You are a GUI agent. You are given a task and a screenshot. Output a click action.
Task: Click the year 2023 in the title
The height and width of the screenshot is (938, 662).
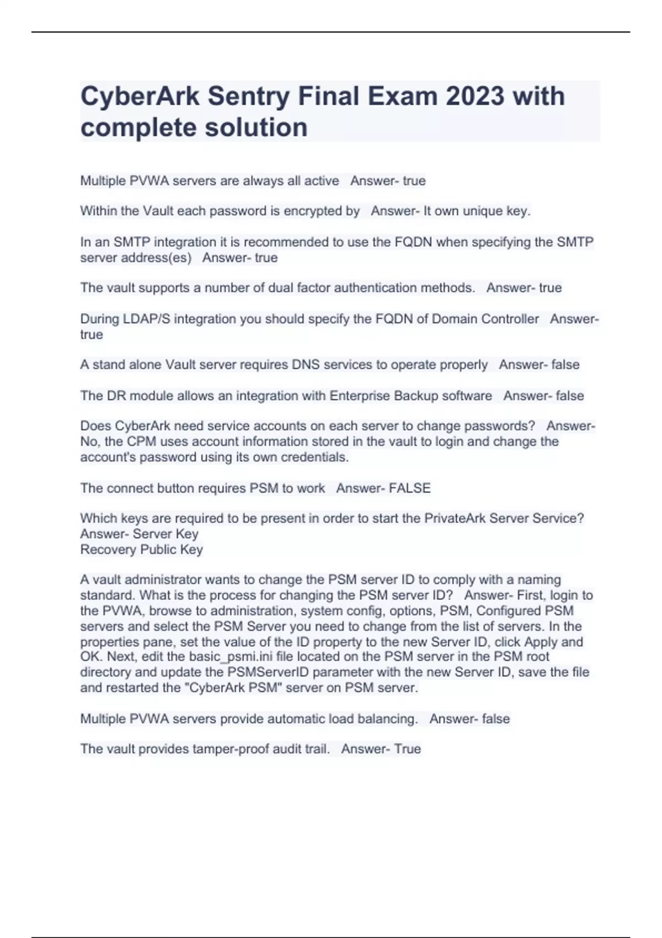(475, 96)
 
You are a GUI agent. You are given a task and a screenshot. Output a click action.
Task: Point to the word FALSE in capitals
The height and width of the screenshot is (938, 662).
(410, 488)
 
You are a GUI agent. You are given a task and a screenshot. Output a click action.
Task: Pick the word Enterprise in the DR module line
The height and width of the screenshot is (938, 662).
(360, 396)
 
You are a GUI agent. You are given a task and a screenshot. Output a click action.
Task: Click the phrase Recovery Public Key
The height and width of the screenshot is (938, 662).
(142, 550)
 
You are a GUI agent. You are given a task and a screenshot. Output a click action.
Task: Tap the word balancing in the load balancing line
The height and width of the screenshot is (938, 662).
(387, 719)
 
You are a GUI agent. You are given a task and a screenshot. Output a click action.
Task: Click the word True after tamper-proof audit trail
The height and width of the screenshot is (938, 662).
(408, 749)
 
